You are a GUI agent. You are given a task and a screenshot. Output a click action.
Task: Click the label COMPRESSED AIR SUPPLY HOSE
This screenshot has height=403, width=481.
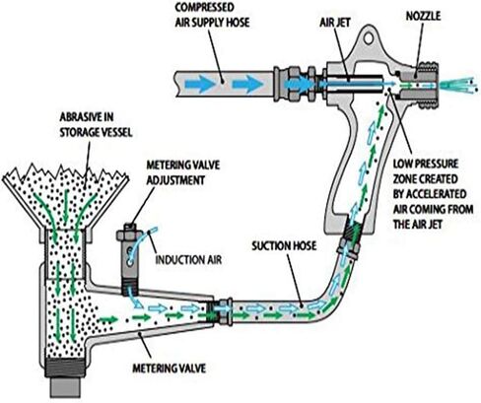click(212, 15)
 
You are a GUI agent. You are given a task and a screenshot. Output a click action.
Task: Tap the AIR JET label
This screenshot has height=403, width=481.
click(335, 23)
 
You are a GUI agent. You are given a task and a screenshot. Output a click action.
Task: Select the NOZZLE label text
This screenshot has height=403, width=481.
click(423, 16)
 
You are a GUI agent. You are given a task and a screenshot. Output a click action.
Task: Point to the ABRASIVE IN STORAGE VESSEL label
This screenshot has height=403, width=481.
click(96, 125)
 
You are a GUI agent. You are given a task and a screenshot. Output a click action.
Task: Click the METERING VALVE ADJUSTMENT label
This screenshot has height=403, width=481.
click(183, 172)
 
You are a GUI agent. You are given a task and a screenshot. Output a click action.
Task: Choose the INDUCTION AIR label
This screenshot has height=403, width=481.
click(188, 260)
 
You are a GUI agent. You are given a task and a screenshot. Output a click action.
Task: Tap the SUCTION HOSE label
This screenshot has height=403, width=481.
click(284, 245)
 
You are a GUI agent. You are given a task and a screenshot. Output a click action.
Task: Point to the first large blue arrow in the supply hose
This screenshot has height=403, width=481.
click(200, 84)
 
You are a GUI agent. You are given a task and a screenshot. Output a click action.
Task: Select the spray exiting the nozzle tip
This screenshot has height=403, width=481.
click(459, 86)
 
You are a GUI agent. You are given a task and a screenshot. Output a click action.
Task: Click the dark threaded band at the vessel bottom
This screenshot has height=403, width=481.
click(66, 368)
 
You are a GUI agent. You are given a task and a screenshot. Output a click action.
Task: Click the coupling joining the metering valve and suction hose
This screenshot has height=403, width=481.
click(220, 310)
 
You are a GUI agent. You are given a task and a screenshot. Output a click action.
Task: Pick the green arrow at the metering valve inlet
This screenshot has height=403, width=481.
click(107, 319)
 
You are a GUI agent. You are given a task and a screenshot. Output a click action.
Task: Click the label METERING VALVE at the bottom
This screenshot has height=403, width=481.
click(169, 369)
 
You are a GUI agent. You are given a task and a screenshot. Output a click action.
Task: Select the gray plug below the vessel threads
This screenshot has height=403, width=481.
click(66, 387)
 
